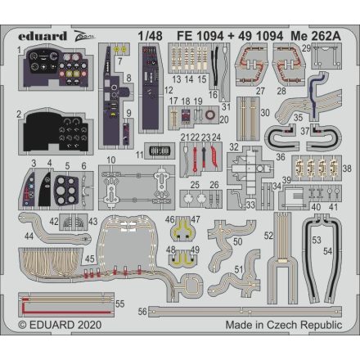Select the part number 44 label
coord(29,236)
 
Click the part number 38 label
coord(347,169)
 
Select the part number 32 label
coord(233,147)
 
